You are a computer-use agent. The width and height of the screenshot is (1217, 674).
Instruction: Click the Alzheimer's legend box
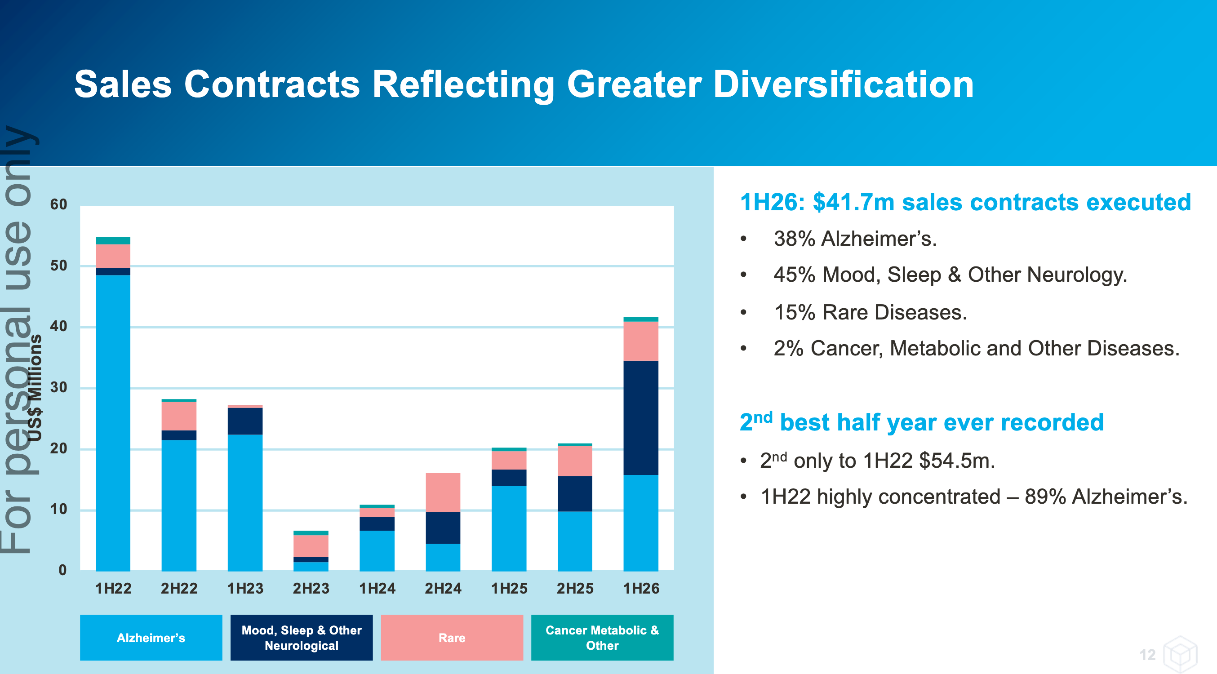[x=151, y=637]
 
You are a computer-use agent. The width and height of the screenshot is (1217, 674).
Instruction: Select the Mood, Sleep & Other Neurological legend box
[x=302, y=637]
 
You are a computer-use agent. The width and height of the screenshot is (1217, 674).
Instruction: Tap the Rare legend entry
[x=452, y=637]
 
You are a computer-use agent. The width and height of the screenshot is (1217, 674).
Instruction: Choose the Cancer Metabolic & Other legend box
[x=602, y=637]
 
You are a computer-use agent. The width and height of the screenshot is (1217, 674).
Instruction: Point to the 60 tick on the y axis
[x=58, y=204]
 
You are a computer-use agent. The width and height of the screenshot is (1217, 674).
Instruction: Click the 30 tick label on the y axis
[x=58, y=387]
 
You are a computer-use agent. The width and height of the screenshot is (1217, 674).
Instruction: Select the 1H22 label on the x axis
[x=113, y=589]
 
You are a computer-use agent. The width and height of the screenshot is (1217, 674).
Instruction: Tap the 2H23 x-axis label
[x=311, y=589]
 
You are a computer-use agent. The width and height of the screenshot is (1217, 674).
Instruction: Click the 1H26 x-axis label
[x=641, y=589]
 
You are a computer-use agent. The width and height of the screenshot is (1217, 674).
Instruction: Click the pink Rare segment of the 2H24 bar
[x=443, y=492]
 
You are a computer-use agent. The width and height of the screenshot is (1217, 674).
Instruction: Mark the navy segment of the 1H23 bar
[x=245, y=421]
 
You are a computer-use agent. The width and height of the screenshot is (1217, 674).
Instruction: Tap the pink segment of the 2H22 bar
[x=178, y=416]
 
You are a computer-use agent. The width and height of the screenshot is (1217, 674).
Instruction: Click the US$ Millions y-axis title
[x=35, y=387]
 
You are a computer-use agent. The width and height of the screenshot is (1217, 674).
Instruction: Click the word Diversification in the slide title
[x=843, y=84]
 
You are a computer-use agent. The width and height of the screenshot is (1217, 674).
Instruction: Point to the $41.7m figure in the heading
[x=853, y=202]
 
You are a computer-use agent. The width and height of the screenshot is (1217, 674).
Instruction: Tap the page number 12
[x=1147, y=655]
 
